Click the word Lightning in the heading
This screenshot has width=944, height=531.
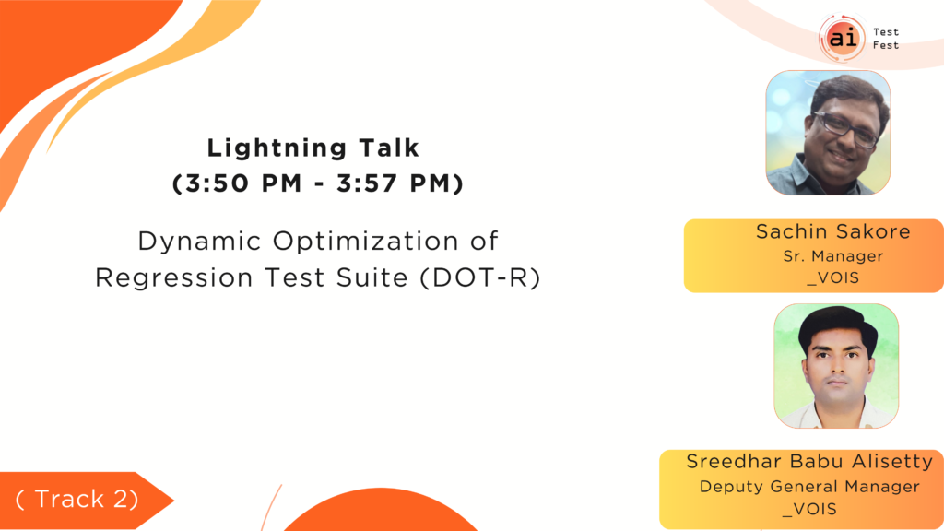coord(277,148)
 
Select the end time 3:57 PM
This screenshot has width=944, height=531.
coord(395,183)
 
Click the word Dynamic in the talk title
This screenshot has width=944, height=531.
coord(199,242)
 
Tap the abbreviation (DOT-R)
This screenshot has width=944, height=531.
coord(479,278)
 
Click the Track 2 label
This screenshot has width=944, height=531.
coord(77,499)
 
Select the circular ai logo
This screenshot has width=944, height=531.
coord(843,38)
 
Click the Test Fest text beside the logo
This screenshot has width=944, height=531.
coord(886,39)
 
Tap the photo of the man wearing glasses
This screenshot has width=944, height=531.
coord(828,133)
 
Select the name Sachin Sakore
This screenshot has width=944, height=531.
coord(833,231)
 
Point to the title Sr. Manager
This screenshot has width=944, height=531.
coord(833,256)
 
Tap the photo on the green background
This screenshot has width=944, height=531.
coord(836,366)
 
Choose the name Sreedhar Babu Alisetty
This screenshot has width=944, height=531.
coord(809,462)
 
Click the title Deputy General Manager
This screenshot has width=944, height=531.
coord(809,487)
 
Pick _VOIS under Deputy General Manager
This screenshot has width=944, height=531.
coord(809,509)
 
